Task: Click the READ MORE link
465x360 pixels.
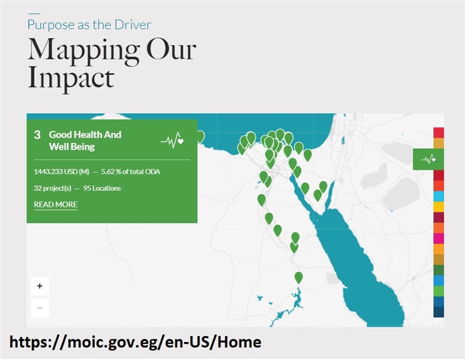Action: tap(56, 204)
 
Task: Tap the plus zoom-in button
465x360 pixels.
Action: tap(40, 286)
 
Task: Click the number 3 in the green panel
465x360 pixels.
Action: tap(37, 135)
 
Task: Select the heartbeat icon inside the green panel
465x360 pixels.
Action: tap(172, 140)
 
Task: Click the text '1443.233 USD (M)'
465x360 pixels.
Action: tap(61, 172)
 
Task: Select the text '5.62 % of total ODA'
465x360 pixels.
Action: tap(130, 172)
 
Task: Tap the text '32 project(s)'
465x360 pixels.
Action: tap(52, 189)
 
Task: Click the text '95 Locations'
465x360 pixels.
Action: tap(102, 188)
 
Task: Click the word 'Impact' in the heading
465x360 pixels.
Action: tap(71, 78)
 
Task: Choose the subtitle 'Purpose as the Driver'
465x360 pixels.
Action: tap(89, 25)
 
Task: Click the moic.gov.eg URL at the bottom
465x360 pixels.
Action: tap(136, 342)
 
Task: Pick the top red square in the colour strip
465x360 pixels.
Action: tap(439, 132)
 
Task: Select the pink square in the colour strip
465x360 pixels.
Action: tap(439, 238)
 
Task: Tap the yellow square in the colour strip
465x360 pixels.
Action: tap(439, 207)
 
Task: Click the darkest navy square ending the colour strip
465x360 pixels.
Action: tap(439, 312)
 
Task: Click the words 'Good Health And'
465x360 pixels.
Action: tap(85, 134)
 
